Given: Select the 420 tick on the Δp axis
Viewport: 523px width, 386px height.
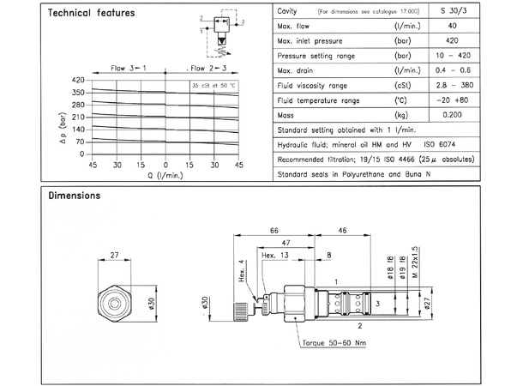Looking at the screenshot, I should (x=75, y=79).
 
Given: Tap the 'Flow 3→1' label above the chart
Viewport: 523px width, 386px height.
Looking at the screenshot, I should (x=128, y=67).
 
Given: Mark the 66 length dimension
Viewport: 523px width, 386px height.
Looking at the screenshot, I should (x=274, y=230).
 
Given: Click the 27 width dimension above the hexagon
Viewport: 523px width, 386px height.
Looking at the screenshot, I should (x=114, y=254).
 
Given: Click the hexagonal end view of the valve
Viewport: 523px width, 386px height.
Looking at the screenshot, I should (x=114, y=303).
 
